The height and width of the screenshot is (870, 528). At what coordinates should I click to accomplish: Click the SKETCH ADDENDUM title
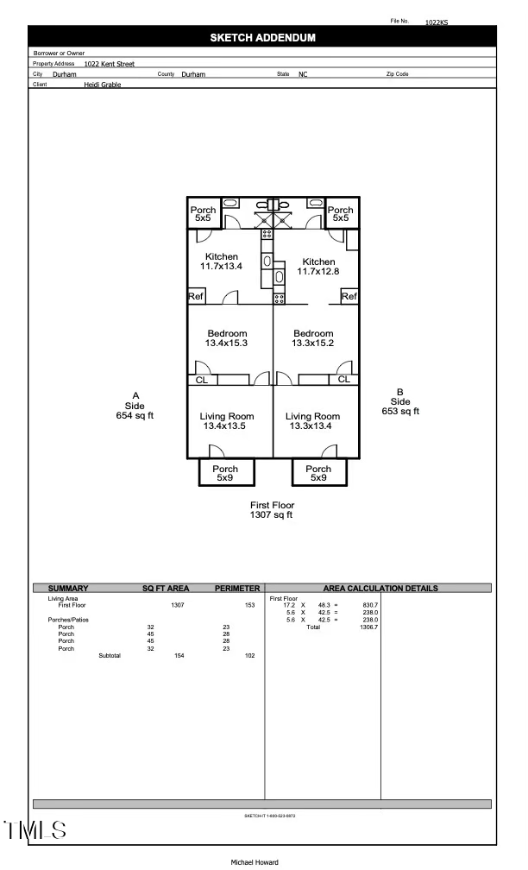point(262,38)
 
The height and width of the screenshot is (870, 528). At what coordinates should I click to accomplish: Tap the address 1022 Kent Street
point(109,64)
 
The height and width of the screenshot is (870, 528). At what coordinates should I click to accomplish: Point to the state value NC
point(303,75)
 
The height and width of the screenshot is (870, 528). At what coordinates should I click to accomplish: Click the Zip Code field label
point(397,74)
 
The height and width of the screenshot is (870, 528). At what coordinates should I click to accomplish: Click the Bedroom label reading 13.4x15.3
point(227,344)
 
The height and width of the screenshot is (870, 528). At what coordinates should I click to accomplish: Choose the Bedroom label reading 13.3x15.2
point(313,344)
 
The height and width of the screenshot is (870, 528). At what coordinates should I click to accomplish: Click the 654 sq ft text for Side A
point(135,416)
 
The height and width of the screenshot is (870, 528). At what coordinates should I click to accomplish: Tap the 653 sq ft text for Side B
point(400,412)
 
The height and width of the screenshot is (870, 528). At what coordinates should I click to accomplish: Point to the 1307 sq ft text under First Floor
point(272,515)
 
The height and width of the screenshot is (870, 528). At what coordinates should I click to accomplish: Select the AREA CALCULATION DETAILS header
point(380,589)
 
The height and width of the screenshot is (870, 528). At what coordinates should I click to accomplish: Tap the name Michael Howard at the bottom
point(255,862)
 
